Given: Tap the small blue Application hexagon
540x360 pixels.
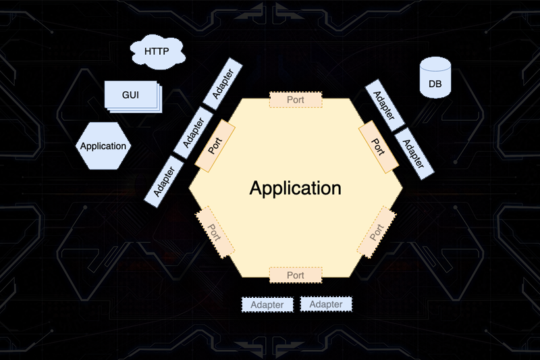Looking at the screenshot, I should tap(103, 146).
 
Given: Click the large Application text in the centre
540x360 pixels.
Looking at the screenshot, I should tap(295, 188).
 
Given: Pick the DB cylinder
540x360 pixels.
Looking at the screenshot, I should tap(435, 82).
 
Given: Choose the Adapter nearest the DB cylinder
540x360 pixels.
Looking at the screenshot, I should tap(383, 104).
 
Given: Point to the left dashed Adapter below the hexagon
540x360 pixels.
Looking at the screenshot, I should tap(267, 305).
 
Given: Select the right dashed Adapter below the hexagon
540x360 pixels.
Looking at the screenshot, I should tap(326, 305).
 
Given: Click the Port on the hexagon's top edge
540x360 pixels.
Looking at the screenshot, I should tap(296, 99).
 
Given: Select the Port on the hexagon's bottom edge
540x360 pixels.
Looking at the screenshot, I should tap(296, 275).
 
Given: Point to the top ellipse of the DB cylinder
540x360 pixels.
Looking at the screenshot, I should tap(435, 66).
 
